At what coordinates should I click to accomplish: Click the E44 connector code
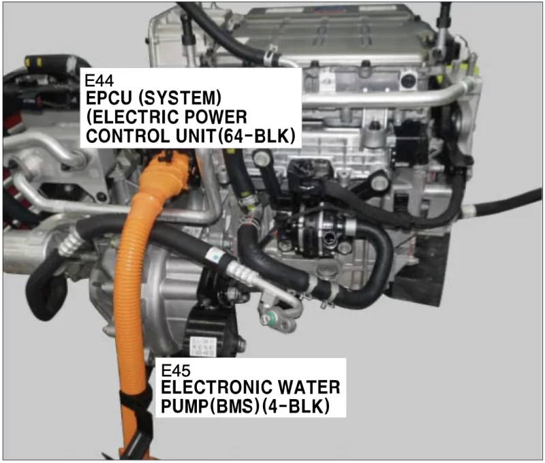coord(99,81)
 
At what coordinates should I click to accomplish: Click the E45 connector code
coord(176,370)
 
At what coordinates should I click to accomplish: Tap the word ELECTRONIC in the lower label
coord(211,387)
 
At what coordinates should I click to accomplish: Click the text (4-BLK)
coord(296,406)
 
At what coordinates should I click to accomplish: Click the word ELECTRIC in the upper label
coord(134,117)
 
